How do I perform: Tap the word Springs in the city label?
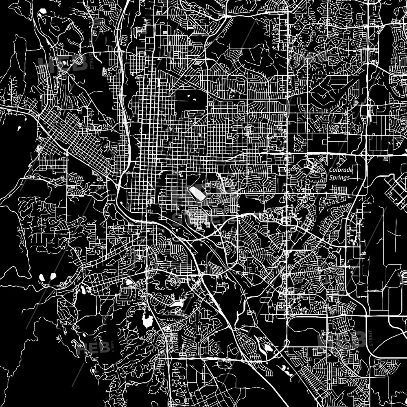pyautogui.click(x=339, y=177)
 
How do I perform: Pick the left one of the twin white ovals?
pyautogui.click(x=42, y=278)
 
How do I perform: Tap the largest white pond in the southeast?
pyautogui.click(x=267, y=347)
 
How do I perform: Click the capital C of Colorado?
pyautogui.click(x=331, y=170)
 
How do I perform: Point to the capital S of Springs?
pyautogui.click(x=330, y=177)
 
